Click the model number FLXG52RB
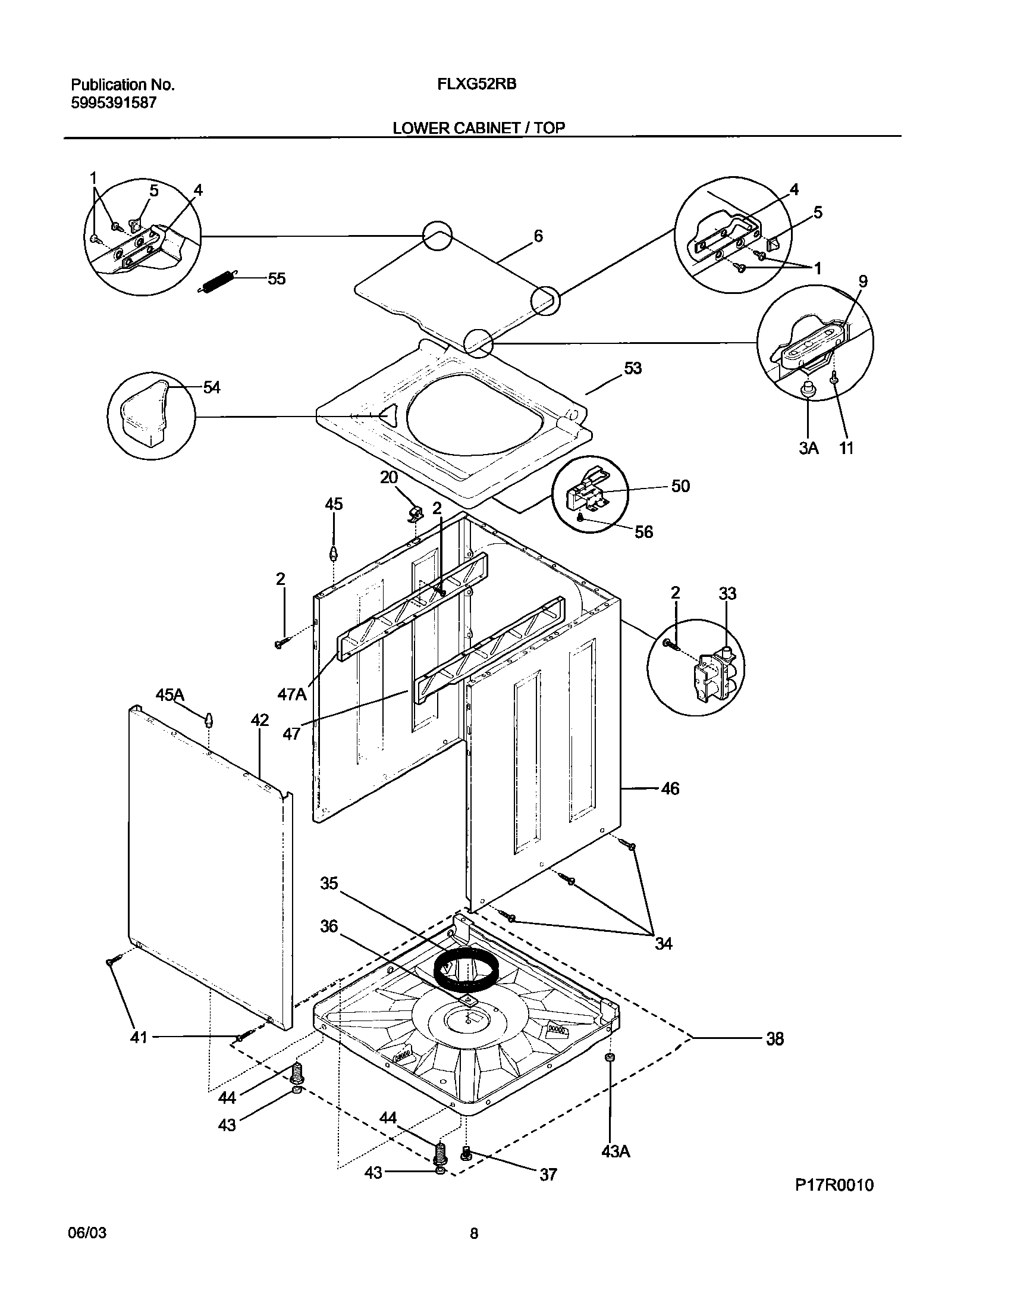tap(476, 84)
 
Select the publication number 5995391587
tap(114, 103)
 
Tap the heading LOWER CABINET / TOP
tap(479, 127)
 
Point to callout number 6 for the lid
tap(538, 236)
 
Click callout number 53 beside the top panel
tap(633, 368)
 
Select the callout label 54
tap(212, 387)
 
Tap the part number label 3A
tap(808, 448)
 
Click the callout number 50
tap(680, 486)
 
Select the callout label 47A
tap(292, 694)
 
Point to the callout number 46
tap(670, 789)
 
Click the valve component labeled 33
tap(717, 677)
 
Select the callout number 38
tap(774, 1039)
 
